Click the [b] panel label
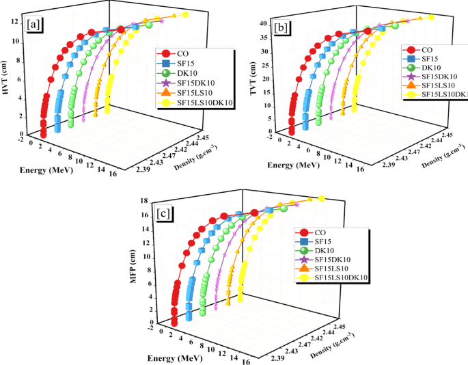(x=281, y=27)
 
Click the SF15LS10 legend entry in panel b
(x=437, y=85)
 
